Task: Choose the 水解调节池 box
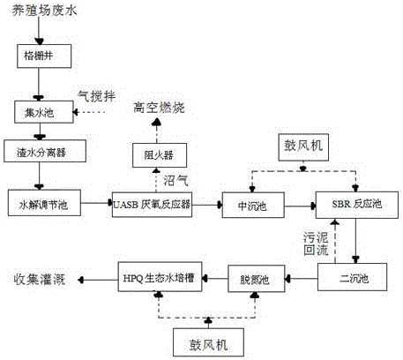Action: (43, 206)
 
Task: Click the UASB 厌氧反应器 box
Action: (153, 206)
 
